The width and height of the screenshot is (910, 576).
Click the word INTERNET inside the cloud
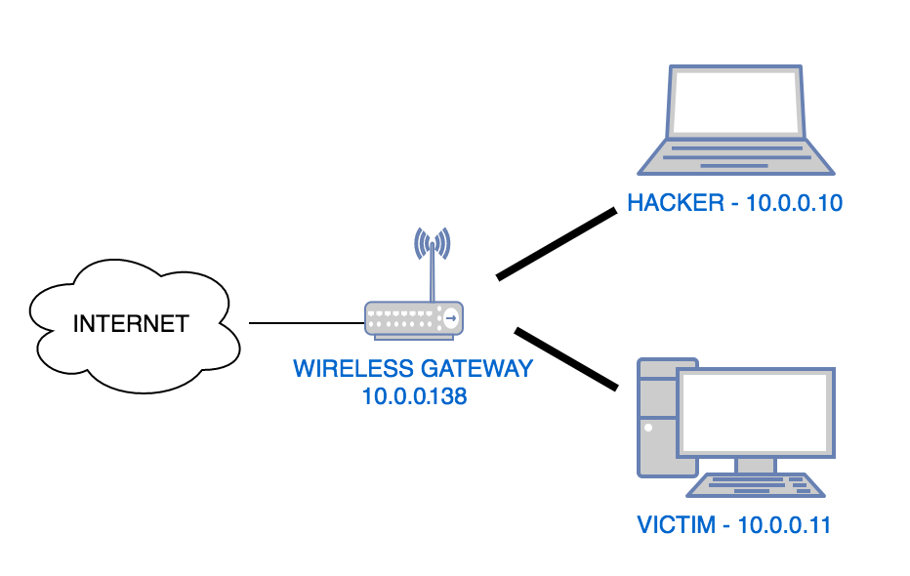click(x=131, y=323)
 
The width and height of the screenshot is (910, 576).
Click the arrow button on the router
click(x=450, y=318)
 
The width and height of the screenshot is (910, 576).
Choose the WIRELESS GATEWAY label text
click(x=413, y=369)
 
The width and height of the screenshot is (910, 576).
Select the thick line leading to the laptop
click(x=557, y=244)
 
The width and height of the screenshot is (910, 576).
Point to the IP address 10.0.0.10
click(x=794, y=203)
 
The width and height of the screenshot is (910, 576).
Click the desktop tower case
click(x=653, y=420)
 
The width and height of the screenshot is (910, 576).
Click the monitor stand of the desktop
click(x=756, y=464)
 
